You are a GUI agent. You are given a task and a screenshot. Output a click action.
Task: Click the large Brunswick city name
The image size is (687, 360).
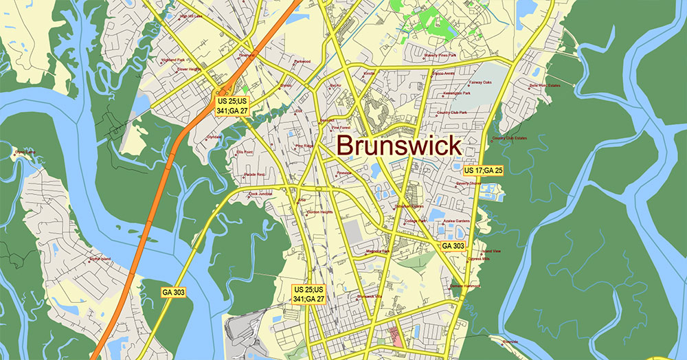[399, 146]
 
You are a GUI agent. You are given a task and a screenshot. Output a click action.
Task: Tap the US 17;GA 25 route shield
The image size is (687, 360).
[484, 170]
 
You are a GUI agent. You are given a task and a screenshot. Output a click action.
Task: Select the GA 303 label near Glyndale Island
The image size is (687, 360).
[174, 292]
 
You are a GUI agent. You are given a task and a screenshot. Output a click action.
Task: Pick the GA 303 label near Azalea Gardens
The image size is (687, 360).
[453, 246]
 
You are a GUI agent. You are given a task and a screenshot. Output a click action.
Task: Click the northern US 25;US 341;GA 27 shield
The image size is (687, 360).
[232, 106]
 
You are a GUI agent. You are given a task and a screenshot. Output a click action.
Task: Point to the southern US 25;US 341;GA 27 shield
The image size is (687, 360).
[308, 294]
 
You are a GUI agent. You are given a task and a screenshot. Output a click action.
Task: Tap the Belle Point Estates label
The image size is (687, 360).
[545, 86]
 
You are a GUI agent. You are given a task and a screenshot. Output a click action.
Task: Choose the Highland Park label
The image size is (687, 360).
[172, 60]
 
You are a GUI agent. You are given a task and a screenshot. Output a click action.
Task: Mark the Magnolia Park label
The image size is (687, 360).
[378, 251]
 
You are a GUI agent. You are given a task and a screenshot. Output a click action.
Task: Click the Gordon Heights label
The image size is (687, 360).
[320, 212]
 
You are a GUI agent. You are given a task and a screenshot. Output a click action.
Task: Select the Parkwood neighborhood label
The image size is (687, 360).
[302, 61]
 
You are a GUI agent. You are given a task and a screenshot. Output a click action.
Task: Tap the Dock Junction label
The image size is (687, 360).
[261, 194]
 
